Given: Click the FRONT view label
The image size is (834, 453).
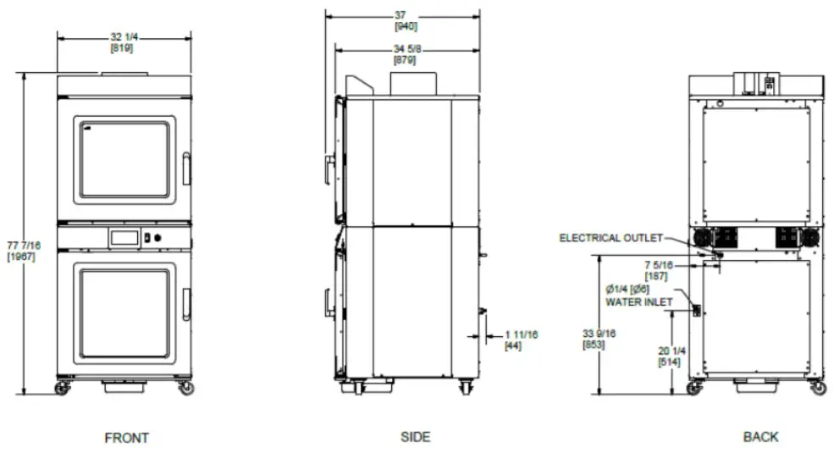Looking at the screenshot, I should click(126, 438).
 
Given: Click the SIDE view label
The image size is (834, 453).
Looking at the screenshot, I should click(415, 437).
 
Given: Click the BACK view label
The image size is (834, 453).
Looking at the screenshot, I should click(760, 437).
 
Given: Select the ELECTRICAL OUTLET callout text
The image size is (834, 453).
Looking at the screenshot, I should click(610, 238).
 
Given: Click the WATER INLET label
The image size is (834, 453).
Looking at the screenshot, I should click(639, 301).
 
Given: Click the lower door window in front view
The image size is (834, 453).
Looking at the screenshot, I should click(124, 313).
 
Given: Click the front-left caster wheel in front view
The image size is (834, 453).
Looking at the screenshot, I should click(63, 388).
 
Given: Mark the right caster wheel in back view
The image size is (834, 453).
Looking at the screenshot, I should click(817, 388).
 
